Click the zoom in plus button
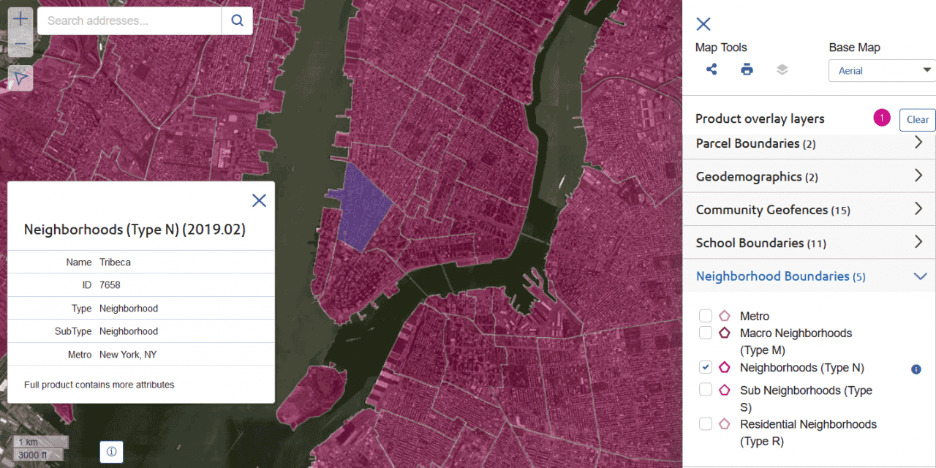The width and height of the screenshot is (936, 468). (x=21, y=19)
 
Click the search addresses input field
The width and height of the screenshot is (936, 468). (x=129, y=20)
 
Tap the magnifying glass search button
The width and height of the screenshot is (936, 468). (x=237, y=20)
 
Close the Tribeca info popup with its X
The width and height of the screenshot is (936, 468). (x=259, y=200)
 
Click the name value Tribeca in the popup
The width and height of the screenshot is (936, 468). (x=115, y=262)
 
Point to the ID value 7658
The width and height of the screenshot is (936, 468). (x=109, y=284)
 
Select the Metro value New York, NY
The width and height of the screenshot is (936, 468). (x=128, y=355)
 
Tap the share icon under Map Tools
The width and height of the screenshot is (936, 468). (x=712, y=69)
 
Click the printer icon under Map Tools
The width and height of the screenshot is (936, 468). (x=747, y=69)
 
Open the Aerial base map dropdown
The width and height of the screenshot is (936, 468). (x=882, y=70)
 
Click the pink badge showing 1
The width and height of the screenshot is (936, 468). (x=882, y=118)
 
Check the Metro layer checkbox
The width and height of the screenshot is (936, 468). (x=706, y=316)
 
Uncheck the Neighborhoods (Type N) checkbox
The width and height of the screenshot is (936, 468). (x=706, y=367)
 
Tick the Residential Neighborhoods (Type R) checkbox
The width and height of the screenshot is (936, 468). (x=706, y=423)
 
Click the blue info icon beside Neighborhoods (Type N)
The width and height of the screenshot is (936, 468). (x=916, y=369)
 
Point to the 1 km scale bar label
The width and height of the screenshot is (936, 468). (x=29, y=442)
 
